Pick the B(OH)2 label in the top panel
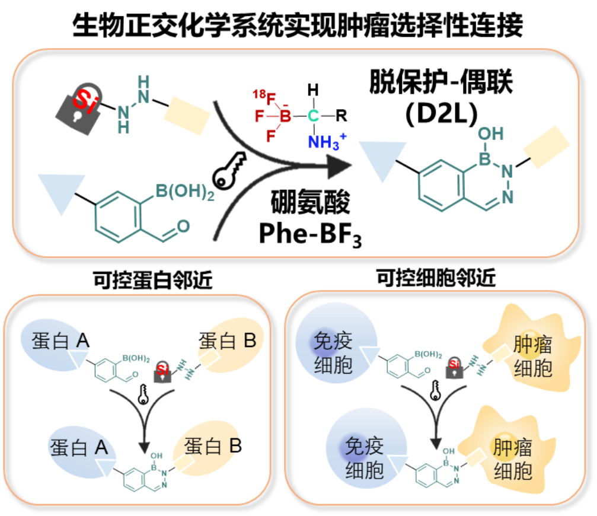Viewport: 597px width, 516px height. tap(184, 192)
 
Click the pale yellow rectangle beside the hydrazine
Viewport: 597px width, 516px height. tap(186, 115)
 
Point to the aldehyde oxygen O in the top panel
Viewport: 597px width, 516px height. tap(183, 226)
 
